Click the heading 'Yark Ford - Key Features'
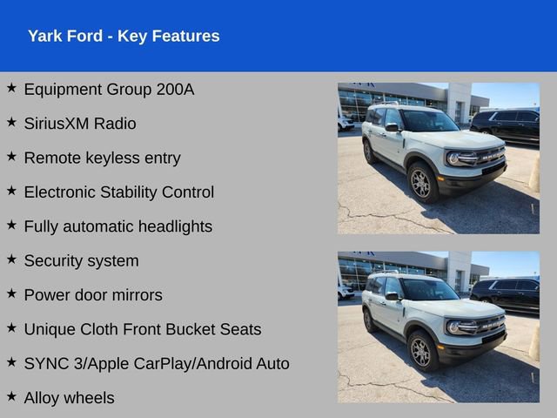tap(124, 36)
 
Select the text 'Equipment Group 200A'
tap(109, 89)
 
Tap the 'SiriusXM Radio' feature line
tap(80, 124)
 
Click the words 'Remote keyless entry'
tap(102, 158)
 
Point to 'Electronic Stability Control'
tap(118, 192)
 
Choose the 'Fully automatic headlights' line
tap(117, 226)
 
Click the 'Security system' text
tap(81, 260)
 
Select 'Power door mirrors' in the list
tap(93, 295)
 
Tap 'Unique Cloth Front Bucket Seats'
tap(143, 329)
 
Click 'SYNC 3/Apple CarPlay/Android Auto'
tap(157, 364)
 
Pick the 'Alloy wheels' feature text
tap(69, 398)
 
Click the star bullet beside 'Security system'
tap(11, 259)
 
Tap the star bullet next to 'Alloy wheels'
tap(11, 396)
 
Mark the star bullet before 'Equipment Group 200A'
tap(11, 87)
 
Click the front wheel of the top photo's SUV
tap(422, 183)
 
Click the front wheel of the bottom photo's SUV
tap(422, 352)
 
